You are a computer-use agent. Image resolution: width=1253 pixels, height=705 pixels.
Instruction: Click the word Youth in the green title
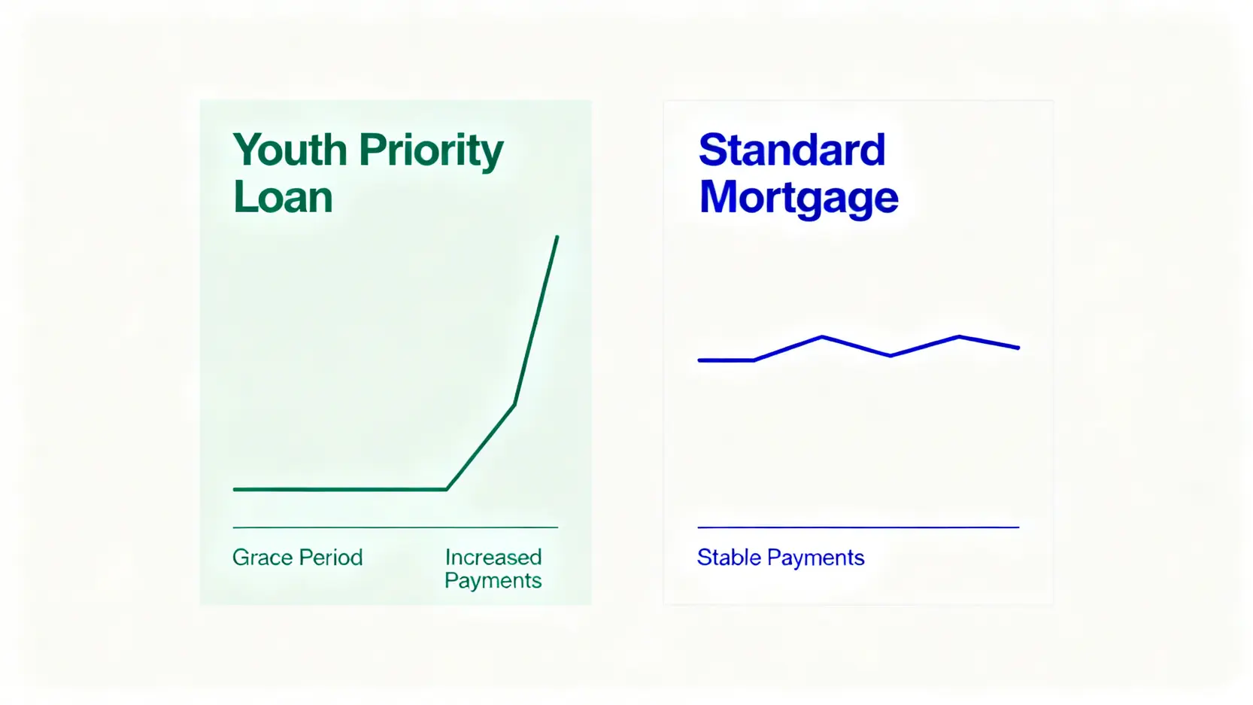pyautogui.click(x=290, y=150)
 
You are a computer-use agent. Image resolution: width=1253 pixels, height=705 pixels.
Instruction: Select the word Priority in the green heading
pyautogui.click(x=431, y=152)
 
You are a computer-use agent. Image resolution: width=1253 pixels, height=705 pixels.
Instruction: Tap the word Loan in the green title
pyautogui.click(x=283, y=197)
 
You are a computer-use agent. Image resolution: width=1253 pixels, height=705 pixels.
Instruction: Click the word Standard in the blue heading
pyautogui.click(x=792, y=150)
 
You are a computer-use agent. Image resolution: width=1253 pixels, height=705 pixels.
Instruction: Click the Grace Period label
pyautogui.click(x=298, y=558)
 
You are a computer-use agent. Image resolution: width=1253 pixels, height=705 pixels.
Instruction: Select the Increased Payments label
pyautogui.click(x=493, y=569)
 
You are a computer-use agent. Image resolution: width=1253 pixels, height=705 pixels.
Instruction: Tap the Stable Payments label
pyautogui.click(x=781, y=558)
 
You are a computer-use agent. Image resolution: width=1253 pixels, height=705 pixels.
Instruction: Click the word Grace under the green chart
pyautogui.click(x=262, y=558)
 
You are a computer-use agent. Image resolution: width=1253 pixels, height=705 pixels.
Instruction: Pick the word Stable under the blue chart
pyautogui.click(x=730, y=558)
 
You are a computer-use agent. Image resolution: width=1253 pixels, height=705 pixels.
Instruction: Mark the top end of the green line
pyautogui.click(x=557, y=237)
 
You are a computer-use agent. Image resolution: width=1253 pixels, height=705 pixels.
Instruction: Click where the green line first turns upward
pyautogui.click(x=447, y=489)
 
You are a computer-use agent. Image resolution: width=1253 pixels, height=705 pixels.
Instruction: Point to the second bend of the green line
pyautogui.click(x=514, y=404)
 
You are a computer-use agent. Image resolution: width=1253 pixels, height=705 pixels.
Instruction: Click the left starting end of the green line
pyautogui.click(x=235, y=489)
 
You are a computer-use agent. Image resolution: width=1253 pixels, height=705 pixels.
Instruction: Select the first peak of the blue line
pyautogui.click(x=822, y=337)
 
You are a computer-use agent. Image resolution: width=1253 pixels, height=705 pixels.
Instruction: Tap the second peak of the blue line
pyautogui.click(x=959, y=337)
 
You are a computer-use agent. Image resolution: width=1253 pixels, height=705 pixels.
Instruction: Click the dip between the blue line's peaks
pyautogui.click(x=890, y=355)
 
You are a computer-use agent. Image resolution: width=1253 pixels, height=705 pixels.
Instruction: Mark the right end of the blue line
pyautogui.click(x=1018, y=348)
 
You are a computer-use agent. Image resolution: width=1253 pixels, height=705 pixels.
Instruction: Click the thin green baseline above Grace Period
pyautogui.click(x=396, y=527)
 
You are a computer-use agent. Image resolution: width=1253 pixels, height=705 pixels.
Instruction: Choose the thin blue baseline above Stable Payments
pyautogui.click(x=858, y=527)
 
